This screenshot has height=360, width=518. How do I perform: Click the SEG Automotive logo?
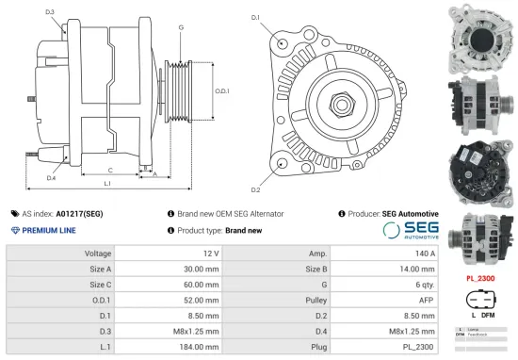click(411, 231)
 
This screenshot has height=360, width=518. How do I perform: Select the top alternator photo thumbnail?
click(478, 33)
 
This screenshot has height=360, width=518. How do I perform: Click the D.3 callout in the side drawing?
click(49, 12)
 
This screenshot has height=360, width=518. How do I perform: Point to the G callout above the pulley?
click(181, 27)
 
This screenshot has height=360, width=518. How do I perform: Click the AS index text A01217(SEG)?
click(80, 214)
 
